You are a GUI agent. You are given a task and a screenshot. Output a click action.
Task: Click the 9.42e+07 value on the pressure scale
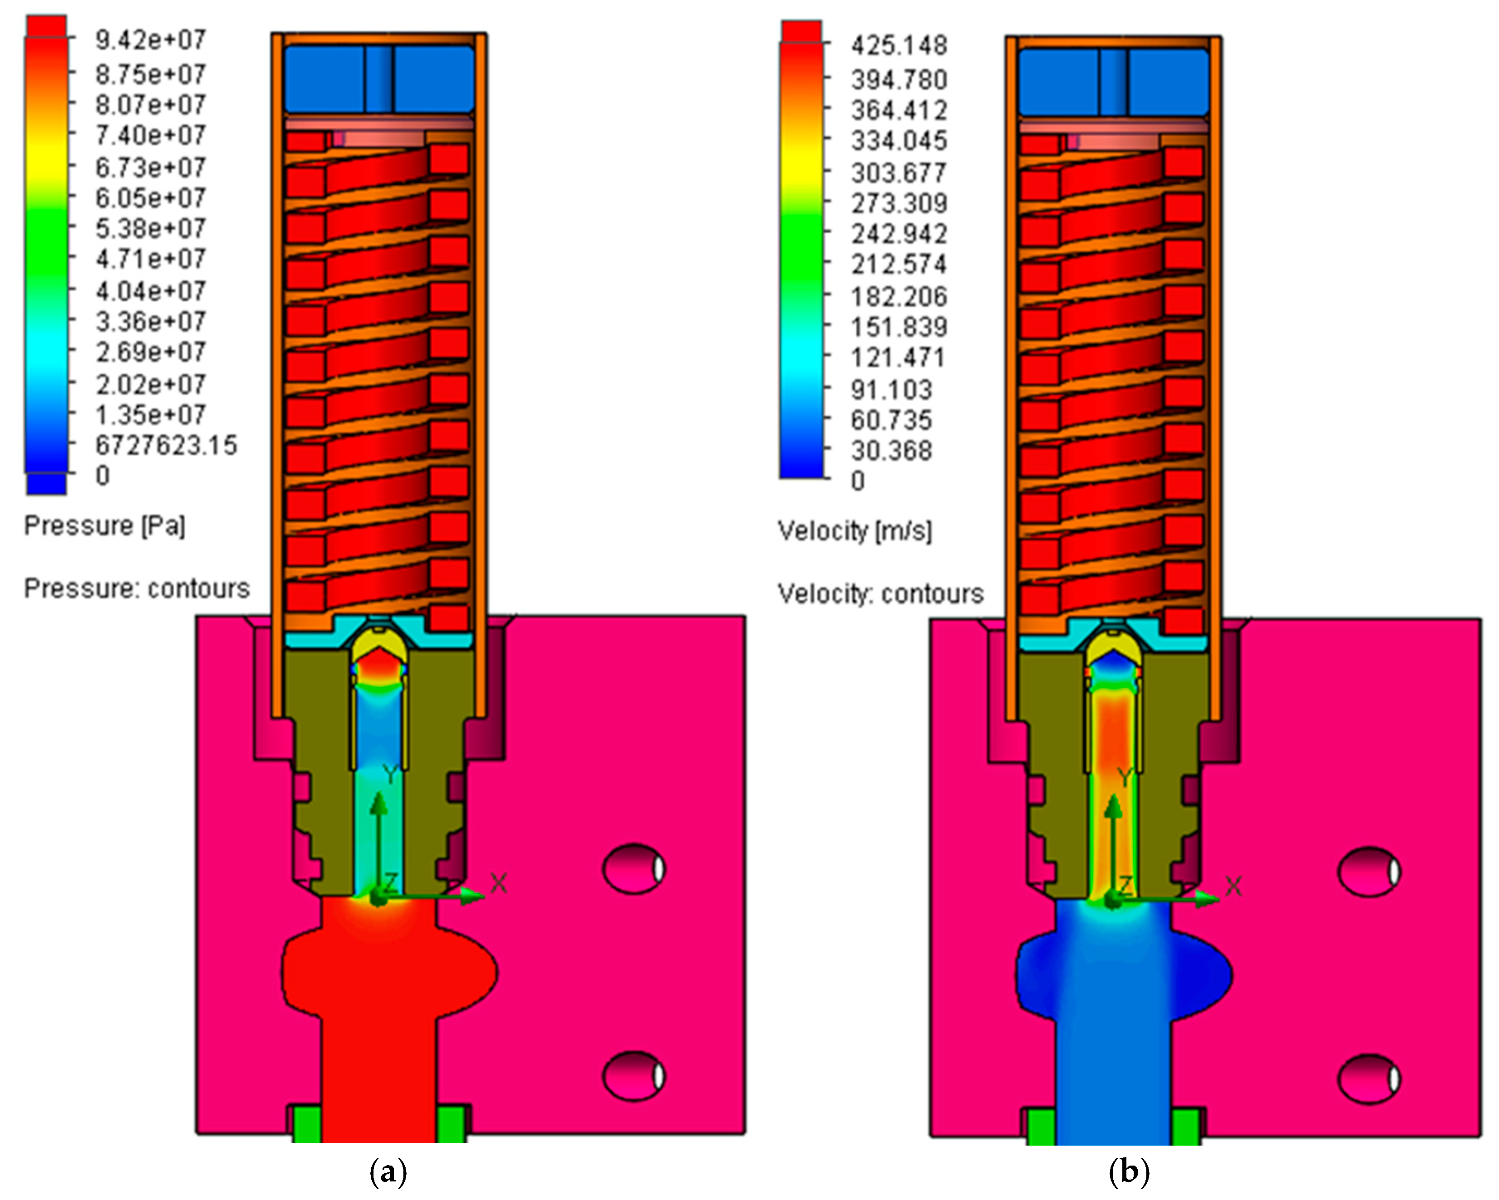tap(150, 40)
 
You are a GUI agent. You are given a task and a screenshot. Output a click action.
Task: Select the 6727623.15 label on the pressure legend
tap(166, 445)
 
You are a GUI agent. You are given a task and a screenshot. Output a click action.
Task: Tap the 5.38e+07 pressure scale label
tap(150, 228)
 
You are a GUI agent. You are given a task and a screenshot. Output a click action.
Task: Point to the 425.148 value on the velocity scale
tap(899, 46)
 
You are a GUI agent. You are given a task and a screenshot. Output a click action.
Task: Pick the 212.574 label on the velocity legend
tap(899, 265)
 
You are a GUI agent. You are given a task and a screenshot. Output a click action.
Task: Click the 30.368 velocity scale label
tap(891, 451)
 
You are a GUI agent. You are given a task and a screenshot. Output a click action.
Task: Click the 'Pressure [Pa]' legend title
tap(105, 526)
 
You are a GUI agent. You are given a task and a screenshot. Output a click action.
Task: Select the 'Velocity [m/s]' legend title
tap(854, 531)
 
